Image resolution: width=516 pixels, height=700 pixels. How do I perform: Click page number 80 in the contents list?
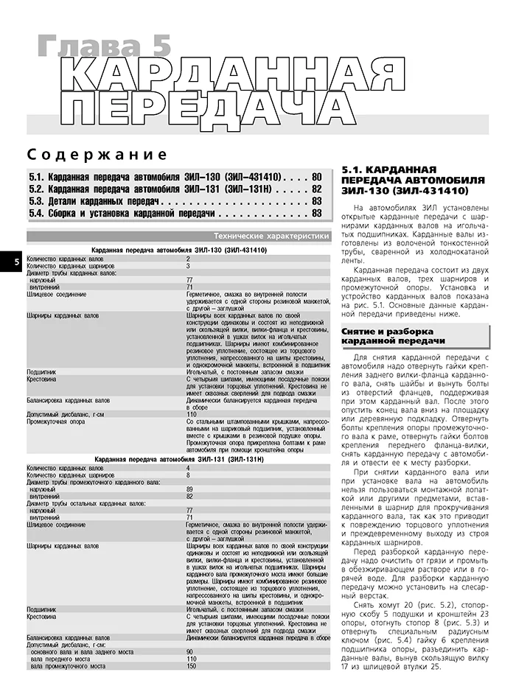316,177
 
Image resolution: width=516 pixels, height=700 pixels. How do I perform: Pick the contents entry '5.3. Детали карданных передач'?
95,200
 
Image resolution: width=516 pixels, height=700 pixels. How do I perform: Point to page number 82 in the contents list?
316,189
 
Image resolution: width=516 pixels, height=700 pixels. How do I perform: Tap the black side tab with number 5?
7,262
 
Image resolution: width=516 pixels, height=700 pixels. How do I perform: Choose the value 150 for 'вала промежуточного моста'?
191,687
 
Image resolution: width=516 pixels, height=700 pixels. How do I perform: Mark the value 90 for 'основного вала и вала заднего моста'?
189,673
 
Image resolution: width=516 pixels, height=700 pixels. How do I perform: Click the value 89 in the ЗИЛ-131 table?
189,489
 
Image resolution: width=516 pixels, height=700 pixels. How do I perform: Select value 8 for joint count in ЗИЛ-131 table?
188,475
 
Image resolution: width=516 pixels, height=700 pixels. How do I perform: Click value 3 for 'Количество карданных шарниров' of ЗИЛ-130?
188,265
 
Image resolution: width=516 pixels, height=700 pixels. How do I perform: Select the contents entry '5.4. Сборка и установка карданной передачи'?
122,213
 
